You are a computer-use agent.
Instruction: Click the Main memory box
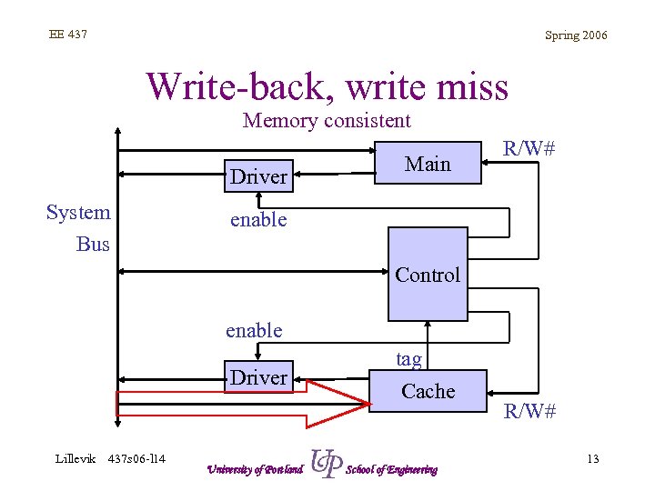pyautogui.click(x=428, y=164)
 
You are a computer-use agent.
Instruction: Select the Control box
pyautogui.click(x=427, y=274)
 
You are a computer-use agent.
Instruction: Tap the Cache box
pyautogui.click(x=428, y=391)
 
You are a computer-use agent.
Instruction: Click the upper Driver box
pyautogui.click(x=258, y=176)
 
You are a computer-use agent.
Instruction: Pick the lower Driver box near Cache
pyautogui.click(x=258, y=376)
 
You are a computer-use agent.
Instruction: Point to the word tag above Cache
pyautogui.click(x=408, y=359)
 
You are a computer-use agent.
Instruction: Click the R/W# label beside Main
pyautogui.click(x=529, y=148)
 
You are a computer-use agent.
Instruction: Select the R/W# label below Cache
pyautogui.click(x=530, y=411)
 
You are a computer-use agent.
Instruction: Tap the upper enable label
pyautogui.click(x=258, y=219)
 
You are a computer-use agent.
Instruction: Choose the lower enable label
pyautogui.click(x=254, y=330)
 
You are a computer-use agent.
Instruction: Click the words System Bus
pyautogui.click(x=80, y=228)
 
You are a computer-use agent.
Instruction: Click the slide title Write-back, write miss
pyautogui.click(x=327, y=86)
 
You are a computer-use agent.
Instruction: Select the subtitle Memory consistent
pyautogui.click(x=327, y=120)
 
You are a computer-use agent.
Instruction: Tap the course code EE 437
pyautogui.click(x=68, y=35)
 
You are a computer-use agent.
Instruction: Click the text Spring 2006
pyautogui.click(x=576, y=35)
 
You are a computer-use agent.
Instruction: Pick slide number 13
pyautogui.click(x=592, y=458)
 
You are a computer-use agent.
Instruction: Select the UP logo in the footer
pyautogui.click(x=326, y=465)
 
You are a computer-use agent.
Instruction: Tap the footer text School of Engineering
pyautogui.click(x=392, y=469)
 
